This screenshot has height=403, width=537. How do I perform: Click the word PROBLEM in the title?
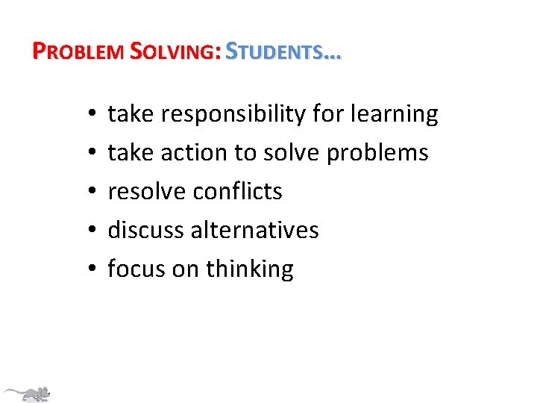pos(80,51)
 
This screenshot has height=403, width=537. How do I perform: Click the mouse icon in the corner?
pos(28,393)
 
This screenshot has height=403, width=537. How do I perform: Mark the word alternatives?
pos(255,230)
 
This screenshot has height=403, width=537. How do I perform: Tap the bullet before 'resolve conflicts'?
pos(89,193)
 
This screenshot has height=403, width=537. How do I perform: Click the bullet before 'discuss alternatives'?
pos(89,231)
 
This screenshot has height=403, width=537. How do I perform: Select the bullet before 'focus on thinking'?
pos(89,270)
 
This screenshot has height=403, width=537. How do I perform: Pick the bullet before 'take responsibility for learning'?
pos(89,115)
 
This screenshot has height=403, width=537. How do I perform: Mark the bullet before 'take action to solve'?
pos(89,154)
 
